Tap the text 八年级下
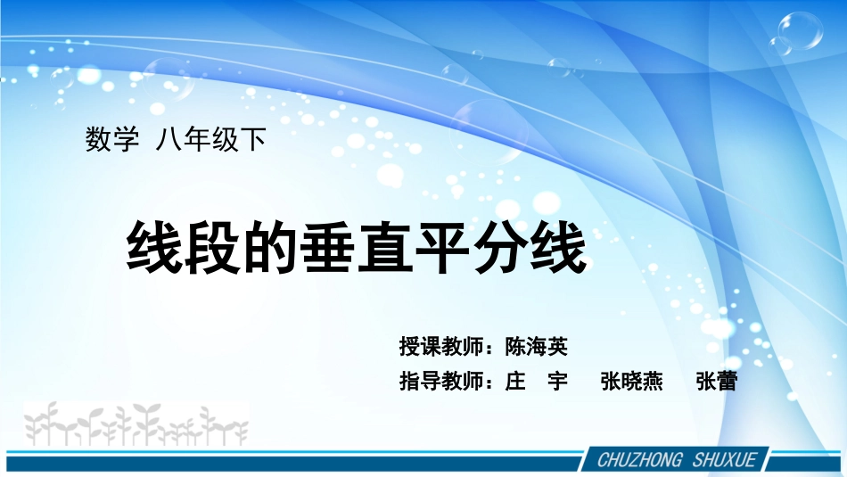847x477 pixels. pyautogui.click(x=211, y=140)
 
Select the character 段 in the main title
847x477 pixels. pyautogui.click(x=213, y=248)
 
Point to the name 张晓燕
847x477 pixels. pyautogui.click(x=631, y=382)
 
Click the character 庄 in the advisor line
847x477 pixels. pyautogui.click(x=514, y=382)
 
